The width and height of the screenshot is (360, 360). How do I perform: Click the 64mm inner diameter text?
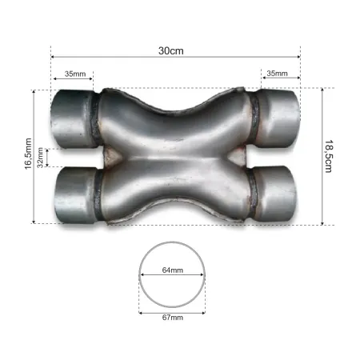click(172, 270)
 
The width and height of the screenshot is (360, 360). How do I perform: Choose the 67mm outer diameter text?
click(172, 318)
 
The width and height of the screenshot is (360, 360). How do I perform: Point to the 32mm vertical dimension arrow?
click(48, 158)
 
